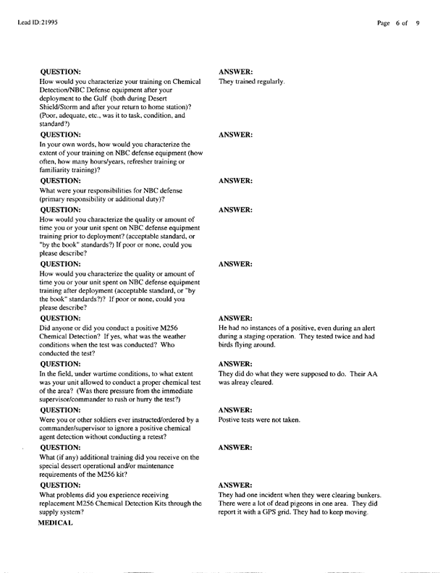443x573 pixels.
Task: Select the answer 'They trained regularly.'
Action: click(252, 81)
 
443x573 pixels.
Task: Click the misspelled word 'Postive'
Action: click(230, 420)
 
